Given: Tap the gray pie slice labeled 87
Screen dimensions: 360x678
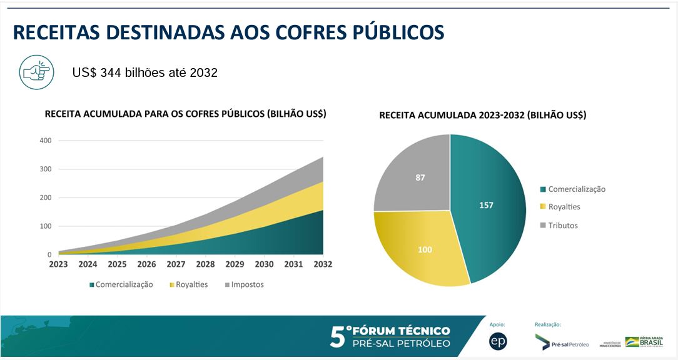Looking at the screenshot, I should point(418,177).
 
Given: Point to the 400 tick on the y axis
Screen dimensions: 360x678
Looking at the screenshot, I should point(45,141).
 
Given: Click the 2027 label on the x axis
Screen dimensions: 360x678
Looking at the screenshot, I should point(176,264).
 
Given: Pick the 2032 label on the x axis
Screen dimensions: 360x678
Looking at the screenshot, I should point(323,264).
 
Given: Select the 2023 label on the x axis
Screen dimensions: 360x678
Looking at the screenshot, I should point(58,264).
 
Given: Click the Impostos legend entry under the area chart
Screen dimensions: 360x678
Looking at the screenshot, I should point(244,284).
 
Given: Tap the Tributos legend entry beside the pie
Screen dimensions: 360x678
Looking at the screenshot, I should point(563,225).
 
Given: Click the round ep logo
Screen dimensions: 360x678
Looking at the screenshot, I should point(498,341).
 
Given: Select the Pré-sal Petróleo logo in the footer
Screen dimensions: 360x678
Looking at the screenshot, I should point(562,343).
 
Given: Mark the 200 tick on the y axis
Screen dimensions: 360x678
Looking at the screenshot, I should point(45,197).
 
